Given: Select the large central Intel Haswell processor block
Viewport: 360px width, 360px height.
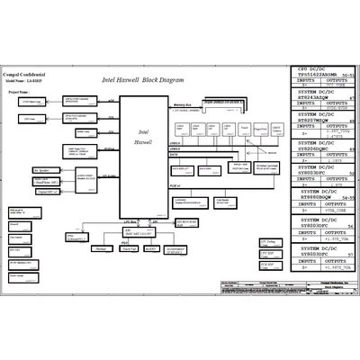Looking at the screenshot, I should tap(144, 154).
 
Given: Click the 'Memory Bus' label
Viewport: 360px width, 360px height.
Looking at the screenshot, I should tap(183, 105).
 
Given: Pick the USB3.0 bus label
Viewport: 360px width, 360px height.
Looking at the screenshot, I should tap(175, 142).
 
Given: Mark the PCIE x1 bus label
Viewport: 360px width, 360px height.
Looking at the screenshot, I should tap(177, 185).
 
